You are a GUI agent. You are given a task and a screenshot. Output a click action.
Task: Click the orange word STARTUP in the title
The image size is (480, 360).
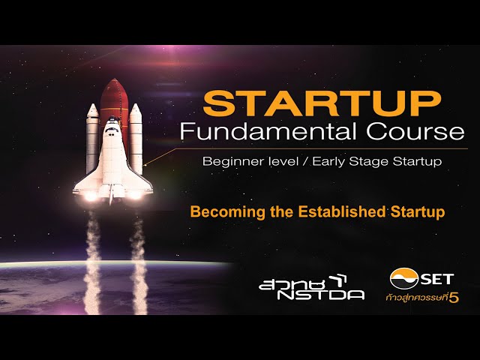click(x=322, y=103)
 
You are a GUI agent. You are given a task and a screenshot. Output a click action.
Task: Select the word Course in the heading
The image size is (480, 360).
click(x=415, y=132)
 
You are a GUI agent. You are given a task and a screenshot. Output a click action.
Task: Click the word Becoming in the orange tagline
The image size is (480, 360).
click(x=227, y=212)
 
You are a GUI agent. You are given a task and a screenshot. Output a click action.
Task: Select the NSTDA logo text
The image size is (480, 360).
click(x=321, y=295)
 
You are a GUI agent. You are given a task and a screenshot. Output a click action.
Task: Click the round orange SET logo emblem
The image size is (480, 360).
click(x=404, y=278)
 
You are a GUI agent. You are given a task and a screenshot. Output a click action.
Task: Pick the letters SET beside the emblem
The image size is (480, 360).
click(x=436, y=279)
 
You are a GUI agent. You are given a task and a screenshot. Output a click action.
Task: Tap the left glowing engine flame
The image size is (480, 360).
click(x=91, y=196)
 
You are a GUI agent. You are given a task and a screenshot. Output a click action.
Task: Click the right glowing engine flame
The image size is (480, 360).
click(x=134, y=195)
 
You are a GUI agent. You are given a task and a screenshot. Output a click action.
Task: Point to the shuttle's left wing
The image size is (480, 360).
click(x=88, y=181)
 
